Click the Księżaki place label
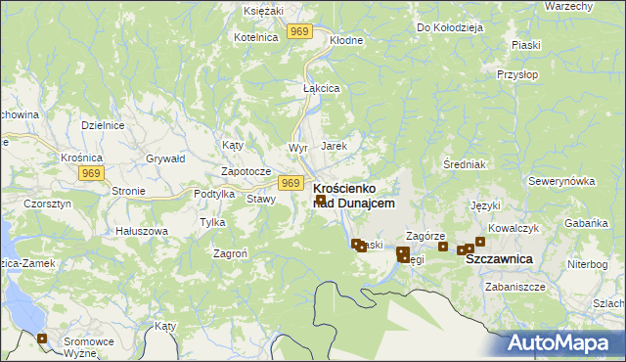click(262, 9)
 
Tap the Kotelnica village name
click(256, 36)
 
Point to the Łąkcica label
click(321, 87)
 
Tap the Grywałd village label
click(164, 157)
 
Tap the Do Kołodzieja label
click(450, 27)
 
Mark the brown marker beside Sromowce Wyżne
click(42, 339)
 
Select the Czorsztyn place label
click(44, 204)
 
